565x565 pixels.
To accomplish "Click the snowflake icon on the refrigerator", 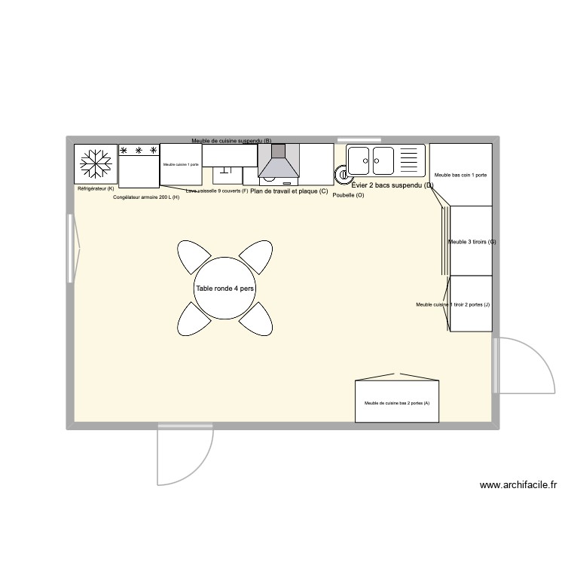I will (96, 163).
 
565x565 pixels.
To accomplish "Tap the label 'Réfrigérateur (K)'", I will (96, 188).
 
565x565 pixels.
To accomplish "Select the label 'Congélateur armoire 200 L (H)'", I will (146, 197).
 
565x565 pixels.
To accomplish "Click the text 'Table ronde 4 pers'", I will (225, 289).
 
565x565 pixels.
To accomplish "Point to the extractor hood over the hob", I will (278, 164).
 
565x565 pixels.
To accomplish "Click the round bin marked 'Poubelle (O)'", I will (344, 176).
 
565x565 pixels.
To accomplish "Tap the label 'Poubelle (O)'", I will (348, 195).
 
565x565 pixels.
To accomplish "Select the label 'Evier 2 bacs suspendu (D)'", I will (392, 185).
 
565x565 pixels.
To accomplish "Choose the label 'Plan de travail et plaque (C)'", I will (289, 191).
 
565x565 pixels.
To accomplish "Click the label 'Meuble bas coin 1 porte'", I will (460, 175).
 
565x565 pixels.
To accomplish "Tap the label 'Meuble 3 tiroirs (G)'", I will (472, 242).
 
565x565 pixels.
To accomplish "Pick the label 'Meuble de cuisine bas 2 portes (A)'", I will (397, 403).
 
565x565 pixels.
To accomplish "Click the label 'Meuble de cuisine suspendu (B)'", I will (231, 141).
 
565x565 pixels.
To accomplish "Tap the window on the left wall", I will (71, 249).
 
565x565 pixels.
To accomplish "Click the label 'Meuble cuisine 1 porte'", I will (181, 164).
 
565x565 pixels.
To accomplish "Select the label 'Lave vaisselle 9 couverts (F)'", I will (217, 191).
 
